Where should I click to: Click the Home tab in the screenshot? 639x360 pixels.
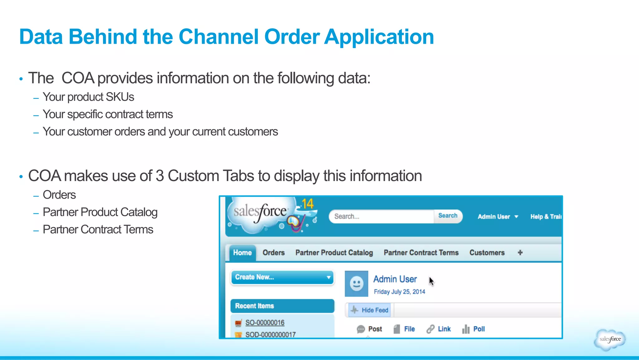[242, 253]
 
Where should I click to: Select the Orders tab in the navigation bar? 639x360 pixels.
[273, 253]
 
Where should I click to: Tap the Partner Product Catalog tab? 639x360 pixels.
[334, 253]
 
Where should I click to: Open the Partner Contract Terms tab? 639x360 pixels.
[421, 253]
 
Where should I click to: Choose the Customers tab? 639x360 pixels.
[487, 253]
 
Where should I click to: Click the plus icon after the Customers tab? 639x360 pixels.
[520, 253]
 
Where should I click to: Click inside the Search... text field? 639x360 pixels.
[381, 216]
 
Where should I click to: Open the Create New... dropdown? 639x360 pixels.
[282, 277]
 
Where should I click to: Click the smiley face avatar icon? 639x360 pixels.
[356, 284]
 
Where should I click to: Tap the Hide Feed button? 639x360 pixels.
[370, 310]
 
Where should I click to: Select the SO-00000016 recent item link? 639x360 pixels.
[265, 323]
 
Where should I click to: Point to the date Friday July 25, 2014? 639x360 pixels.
[399, 292]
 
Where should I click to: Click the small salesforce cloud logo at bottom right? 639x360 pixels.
[610, 339]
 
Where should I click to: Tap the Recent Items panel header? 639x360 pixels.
[282, 306]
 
